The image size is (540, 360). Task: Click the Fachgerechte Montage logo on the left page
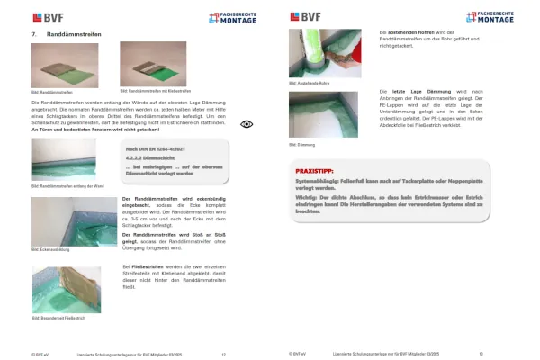[224, 16]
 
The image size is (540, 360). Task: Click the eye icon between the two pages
[247, 124]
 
